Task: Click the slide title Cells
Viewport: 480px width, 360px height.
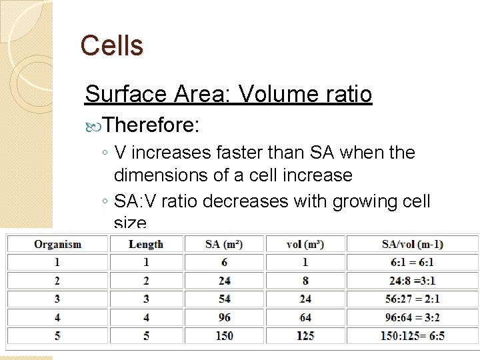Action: [111, 45]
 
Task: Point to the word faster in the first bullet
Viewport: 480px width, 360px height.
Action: [241, 153]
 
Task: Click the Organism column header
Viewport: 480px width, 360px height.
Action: [58, 244]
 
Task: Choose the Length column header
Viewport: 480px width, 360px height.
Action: [146, 244]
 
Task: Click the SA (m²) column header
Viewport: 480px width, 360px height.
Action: [224, 244]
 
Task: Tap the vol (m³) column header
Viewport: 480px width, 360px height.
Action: [305, 244]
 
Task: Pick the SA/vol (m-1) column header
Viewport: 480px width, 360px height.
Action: [413, 244]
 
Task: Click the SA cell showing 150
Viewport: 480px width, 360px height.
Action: [224, 335]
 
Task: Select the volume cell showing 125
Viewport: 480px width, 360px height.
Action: [305, 335]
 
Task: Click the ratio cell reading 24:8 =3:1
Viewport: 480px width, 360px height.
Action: [413, 281]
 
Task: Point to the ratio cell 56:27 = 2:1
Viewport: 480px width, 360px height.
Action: [413, 299]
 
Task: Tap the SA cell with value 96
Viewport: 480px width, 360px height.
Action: [224, 317]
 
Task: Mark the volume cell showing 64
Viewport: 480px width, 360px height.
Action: [305, 317]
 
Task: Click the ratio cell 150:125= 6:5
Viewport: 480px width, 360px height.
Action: [413, 335]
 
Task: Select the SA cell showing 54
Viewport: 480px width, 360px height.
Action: [224, 299]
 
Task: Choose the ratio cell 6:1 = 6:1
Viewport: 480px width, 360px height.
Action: [413, 262]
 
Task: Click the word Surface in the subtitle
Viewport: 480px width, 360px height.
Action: [124, 94]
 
